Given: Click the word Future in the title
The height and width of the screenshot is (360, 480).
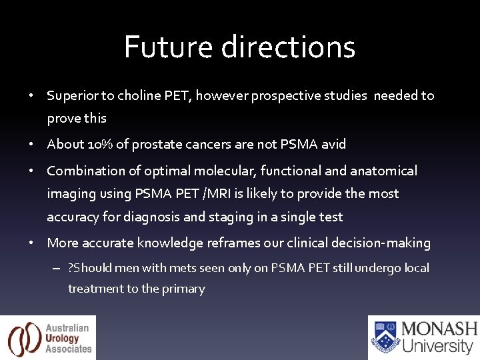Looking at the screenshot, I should (169, 47).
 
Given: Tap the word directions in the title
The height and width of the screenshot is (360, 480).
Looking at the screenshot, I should (288, 47).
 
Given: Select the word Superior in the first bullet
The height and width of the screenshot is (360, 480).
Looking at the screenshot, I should (73, 95).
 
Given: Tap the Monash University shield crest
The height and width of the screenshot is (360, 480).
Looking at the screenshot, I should (385, 337).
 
